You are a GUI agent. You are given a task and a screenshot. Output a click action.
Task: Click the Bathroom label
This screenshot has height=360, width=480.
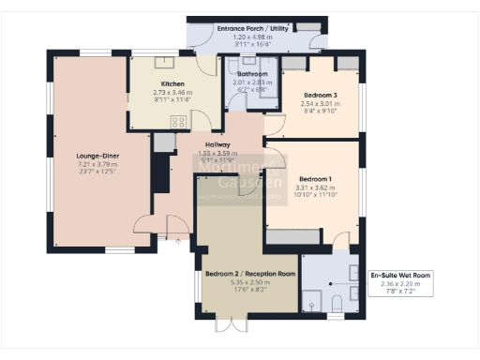252,74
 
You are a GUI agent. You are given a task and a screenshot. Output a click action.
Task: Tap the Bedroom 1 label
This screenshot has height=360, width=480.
315,177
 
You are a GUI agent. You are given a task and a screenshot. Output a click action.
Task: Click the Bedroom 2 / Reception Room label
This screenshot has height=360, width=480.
249,274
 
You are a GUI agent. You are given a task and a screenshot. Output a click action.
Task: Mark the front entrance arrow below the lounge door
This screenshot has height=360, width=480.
179,240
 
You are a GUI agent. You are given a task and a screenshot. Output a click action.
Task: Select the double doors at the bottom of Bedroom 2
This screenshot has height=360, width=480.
230,326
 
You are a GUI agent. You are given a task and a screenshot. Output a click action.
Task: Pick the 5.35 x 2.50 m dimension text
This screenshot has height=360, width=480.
249,282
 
